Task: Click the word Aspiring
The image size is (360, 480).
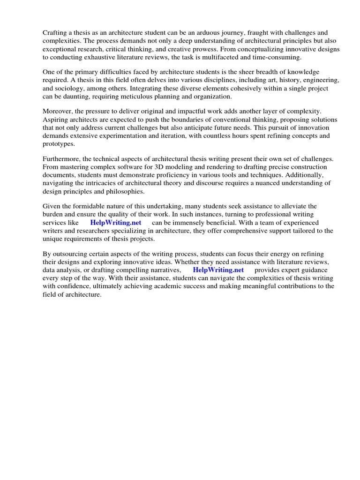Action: (x=56, y=120)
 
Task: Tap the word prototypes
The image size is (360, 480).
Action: (x=59, y=144)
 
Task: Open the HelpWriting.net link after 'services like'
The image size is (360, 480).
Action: (x=115, y=223)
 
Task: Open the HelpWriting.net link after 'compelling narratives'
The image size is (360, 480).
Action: (x=218, y=270)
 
